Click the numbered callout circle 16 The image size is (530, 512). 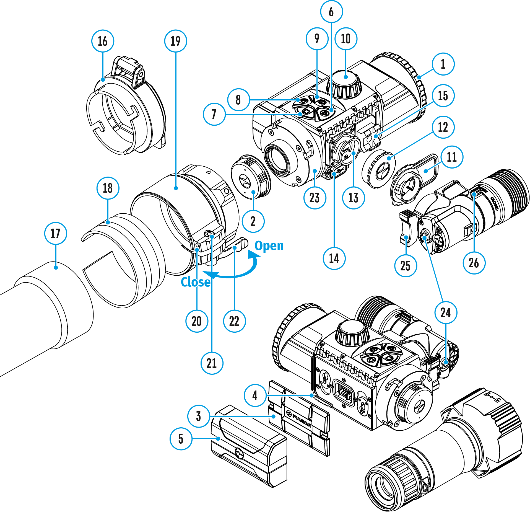[x=103, y=41]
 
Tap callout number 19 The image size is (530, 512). [x=176, y=41]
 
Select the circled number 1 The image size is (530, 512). [x=443, y=64]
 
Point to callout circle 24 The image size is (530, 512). [x=446, y=312]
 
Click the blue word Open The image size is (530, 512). [x=269, y=245]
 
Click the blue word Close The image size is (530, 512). [x=195, y=282]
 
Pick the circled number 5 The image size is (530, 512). [x=181, y=439]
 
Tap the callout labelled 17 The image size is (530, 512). [x=55, y=233]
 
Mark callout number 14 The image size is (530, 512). [x=334, y=258]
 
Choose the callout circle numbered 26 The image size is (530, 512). [x=474, y=263]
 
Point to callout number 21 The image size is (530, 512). [x=212, y=363]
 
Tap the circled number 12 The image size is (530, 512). [x=443, y=127]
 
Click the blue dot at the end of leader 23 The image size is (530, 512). [x=315, y=171]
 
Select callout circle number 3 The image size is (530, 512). [x=198, y=416]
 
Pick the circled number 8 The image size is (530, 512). [x=238, y=100]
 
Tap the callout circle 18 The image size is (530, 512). [x=108, y=188]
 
